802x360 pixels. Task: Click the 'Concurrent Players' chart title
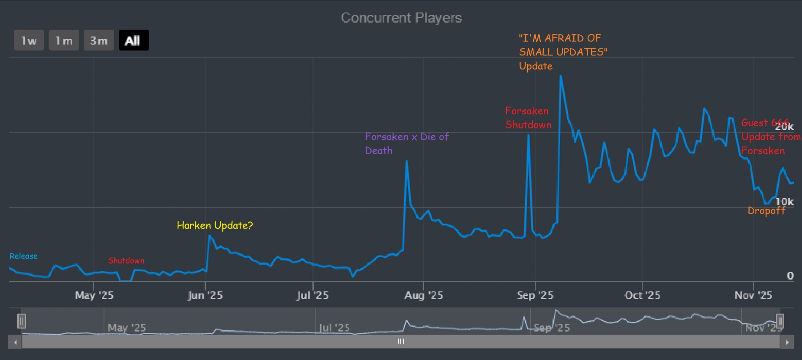[401, 18]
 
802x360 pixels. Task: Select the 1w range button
[29, 41]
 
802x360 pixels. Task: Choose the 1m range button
[64, 41]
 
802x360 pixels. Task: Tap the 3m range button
[99, 41]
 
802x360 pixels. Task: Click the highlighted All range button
[134, 41]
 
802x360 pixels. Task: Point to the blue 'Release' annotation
[24, 256]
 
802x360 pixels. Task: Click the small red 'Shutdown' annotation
[126, 261]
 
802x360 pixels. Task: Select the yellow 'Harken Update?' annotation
[215, 225]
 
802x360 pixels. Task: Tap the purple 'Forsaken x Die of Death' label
[406, 143]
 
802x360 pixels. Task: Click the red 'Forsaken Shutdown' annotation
[528, 118]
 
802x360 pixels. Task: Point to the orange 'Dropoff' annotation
[766, 210]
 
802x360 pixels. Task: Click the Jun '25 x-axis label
[205, 295]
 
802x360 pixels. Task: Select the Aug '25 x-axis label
[424, 295]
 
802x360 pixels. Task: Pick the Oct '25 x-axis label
[642, 295]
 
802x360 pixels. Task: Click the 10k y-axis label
[784, 202]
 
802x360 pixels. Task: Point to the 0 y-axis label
[790, 276]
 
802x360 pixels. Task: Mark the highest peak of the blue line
[561, 76]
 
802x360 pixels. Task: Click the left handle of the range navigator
[22, 321]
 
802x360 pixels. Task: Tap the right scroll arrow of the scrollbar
[787, 342]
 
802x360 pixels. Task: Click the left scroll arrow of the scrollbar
[15, 342]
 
